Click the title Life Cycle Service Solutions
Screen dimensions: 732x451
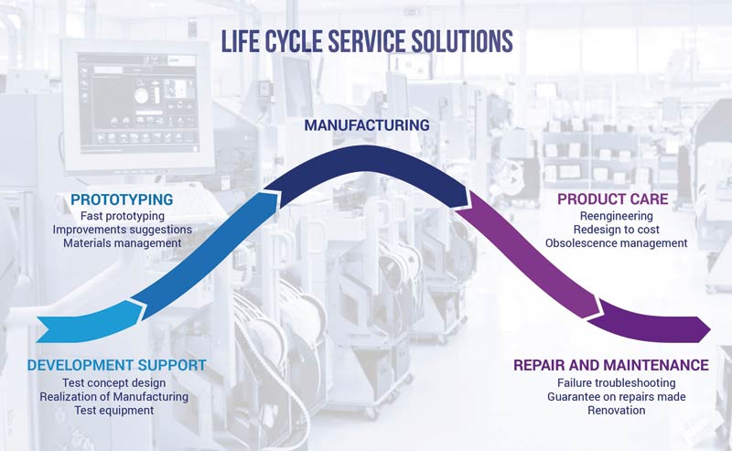(367, 41)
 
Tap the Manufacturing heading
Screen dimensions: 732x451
(367, 125)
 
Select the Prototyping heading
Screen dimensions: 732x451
(122, 199)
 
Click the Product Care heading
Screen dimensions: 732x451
(612, 199)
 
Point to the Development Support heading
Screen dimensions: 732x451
(117, 365)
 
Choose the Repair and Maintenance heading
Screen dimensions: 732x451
(611, 365)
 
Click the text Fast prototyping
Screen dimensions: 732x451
(123, 216)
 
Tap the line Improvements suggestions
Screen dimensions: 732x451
(123, 230)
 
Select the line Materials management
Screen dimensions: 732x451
(123, 243)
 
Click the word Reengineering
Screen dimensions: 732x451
(616, 216)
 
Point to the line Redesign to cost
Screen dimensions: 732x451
(616, 230)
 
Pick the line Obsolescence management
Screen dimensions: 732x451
(616, 243)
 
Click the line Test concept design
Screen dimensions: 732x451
(113, 382)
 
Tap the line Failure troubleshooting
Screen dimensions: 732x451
(616, 382)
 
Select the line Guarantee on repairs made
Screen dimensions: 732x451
(616, 397)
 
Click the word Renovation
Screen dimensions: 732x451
(616, 411)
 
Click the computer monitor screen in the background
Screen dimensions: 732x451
(136, 103)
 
